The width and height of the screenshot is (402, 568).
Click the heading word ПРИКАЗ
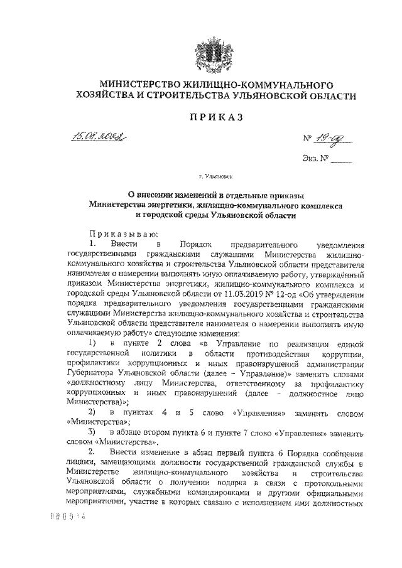[211, 117]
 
